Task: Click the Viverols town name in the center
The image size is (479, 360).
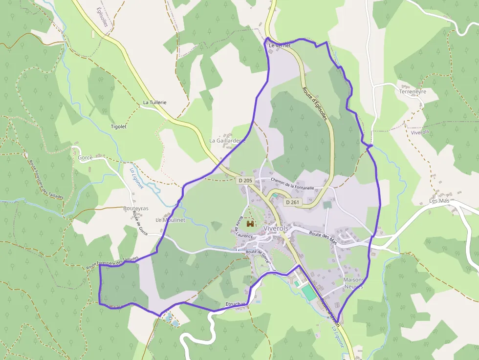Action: pos(277,228)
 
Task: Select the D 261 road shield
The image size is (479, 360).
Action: pos(292,202)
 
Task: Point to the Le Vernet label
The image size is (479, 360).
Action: pos(280,45)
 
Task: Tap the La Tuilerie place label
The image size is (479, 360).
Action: pos(154,103)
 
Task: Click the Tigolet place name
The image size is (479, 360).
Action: pos(119,127)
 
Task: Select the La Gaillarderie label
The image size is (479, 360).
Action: pos(227,140)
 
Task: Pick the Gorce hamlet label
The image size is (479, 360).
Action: pos(85,158)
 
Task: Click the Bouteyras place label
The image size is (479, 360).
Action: pos(135,208)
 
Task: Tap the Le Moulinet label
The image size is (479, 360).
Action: pos(170,220)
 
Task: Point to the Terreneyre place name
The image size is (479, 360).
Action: pos(413,91)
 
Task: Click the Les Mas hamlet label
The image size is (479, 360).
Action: pos(439,201)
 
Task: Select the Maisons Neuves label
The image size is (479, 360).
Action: pos(353,283)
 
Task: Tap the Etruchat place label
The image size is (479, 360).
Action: pos(235,304)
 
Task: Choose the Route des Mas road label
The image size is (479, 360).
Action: pos(323,234)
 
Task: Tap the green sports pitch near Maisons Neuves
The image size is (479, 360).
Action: pos(308,293)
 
